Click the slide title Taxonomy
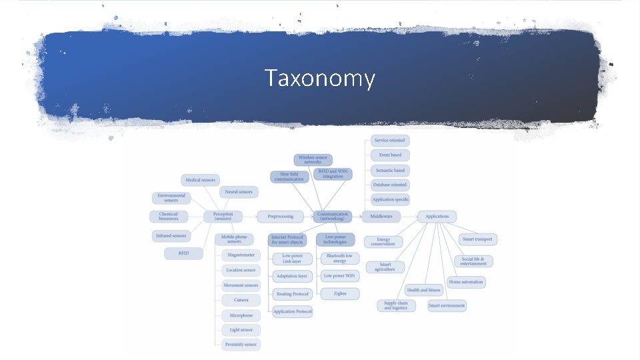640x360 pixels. pos(320,79)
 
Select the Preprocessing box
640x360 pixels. pos(280,216)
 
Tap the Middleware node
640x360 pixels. pos(381,216)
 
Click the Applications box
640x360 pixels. pos(437,216)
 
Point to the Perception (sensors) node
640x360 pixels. pos(223,216)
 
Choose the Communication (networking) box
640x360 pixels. pos(333,216)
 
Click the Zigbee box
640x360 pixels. pos(339,293)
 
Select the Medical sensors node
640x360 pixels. pos(200,180)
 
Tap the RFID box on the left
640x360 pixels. pos(183,253)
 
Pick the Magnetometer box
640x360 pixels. pos(241,255)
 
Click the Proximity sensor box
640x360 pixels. pos(241,345)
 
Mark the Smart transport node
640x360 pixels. pos(479,239)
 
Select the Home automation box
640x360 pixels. pos(467,282)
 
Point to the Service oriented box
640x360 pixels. pos(390,140)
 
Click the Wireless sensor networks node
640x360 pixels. pos(313,160)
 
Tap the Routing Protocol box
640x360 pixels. pos(293,294)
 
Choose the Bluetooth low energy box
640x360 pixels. pos(339,258)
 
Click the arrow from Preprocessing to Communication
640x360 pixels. pos(304,216)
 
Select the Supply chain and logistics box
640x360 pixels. pos(395,305)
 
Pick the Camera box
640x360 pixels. pos(241,300)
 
